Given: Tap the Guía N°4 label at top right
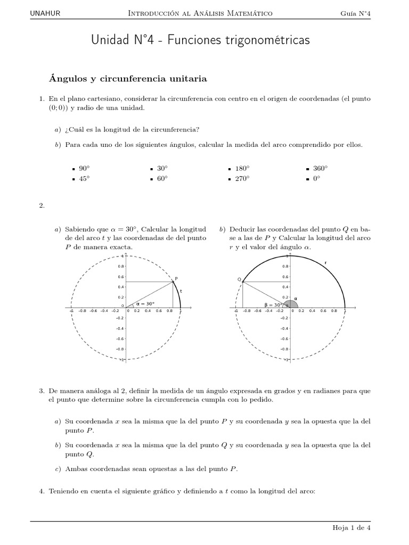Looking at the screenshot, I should click(356, 13).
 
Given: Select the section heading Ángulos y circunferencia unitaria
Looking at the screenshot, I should click(128, 79).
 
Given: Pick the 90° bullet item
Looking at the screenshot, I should click(84, 168).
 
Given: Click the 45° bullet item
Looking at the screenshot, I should click(84, 179).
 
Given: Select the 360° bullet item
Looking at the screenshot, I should click(320, 168).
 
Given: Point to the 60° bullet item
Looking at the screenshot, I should click(162, 179).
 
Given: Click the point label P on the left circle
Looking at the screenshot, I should click(176, 278).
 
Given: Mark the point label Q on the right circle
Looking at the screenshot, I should click(239, 279).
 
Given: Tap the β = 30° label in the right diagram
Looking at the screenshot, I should click(273, 305).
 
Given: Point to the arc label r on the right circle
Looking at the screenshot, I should click(325, 262).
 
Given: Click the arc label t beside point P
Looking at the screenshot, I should click(181, 291).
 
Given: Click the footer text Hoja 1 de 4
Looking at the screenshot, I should click(351, 527).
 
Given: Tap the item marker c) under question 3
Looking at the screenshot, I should click(58, 469).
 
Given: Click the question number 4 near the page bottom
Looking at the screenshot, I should click(42, 492).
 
